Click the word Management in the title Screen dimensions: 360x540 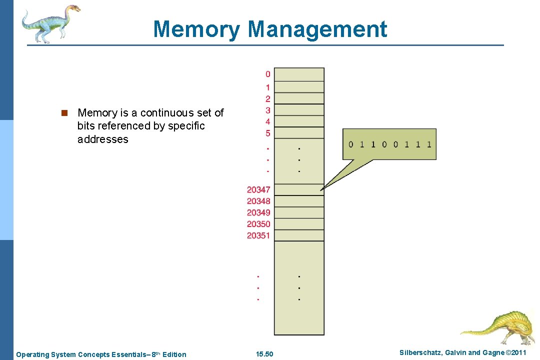pyautogui.click(x=317, y=29)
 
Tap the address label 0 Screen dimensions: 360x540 pyautogui.click(x=268, y=74)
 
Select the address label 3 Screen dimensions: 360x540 pyautogui.click(x=268, y=110)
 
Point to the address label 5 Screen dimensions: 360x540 pyautogui.click(x=268, y=133)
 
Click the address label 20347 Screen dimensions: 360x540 pyautogui.click(x=258, y=189)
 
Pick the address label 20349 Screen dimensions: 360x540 pyautogui.click(x=258, y=212)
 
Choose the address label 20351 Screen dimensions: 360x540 pyautogui.click(x=258, y=235)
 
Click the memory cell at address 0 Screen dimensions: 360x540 pyautogui.click(x=299, y=74)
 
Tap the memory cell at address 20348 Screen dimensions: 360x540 pyautogui.click(x=299, y=201)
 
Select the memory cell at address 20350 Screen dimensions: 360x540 pyautogui.click(x=299, y=224)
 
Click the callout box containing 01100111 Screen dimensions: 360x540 pyautogui.click(x=389, y=144)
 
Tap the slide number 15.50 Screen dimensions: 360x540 pyautogui.click(x=264, y=354)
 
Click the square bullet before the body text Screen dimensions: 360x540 pyautogui.click(x=64, y=113)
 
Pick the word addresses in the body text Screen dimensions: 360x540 pyautogui.click(x=102, y=139)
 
